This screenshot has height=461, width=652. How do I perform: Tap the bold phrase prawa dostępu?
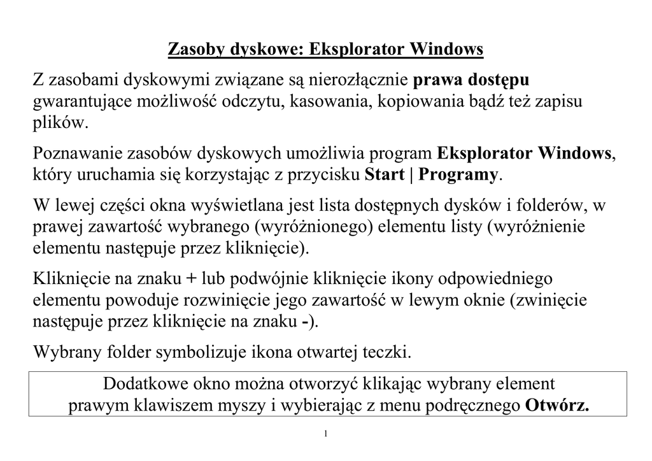tap(471, 81)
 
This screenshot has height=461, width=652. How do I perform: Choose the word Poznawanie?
tap(78, 154)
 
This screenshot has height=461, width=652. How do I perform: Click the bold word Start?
tap(385, 175)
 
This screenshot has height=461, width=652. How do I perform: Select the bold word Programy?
tap(458, 175)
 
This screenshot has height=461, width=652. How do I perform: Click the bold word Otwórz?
tap(557, 406)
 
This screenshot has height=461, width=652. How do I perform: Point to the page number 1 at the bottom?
tap(325, 434)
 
